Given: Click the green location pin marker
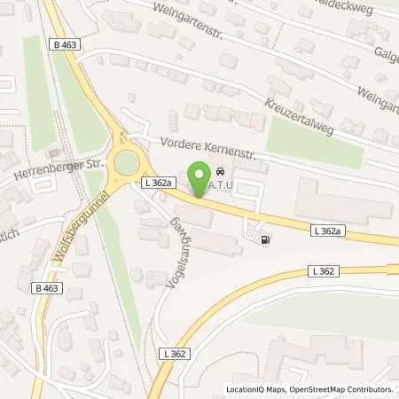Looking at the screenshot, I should point(199,174).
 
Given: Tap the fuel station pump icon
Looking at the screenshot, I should point(265,239).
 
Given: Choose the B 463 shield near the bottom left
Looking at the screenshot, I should point(46,288).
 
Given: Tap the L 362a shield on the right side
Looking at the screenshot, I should point(327,231).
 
